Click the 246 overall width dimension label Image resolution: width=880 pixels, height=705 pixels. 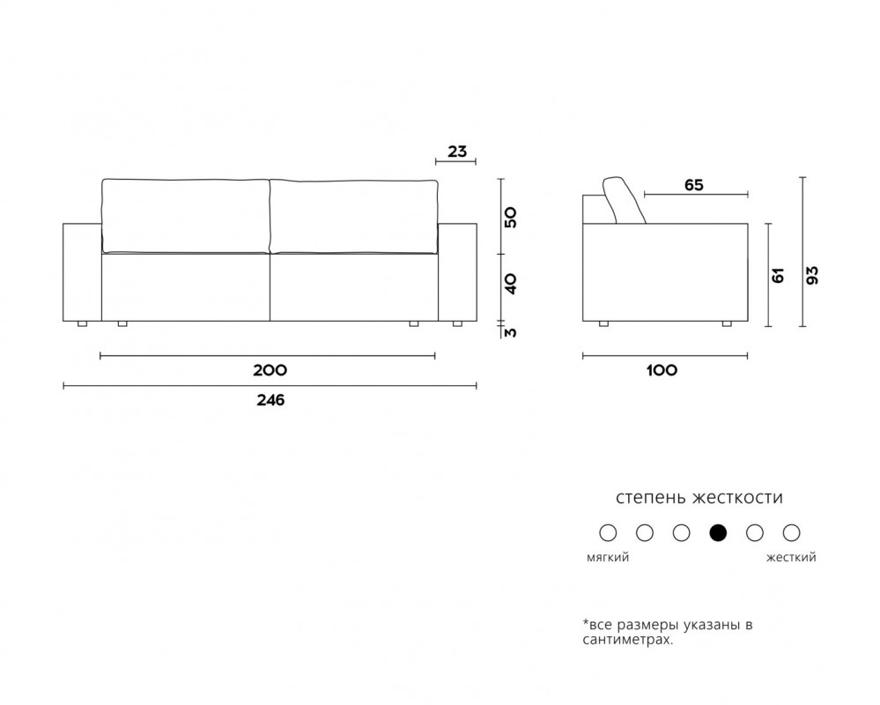pyautogui.click(x=270, y=400)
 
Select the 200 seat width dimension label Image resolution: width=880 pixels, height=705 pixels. pyautogui.click(x=270, y=370)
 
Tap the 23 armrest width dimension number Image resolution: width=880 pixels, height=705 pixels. pyautogui.click(x=457, y=152)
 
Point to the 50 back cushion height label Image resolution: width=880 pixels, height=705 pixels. pyautogui.click(x=511, y=217)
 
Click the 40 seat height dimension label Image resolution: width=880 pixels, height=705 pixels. pyautogui.click(x=511, y=284)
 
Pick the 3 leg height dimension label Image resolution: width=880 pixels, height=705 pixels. pyautogui.click(x=511, y=332)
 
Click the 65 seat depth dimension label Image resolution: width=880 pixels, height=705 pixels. pyautogui.click(x=693, y=185)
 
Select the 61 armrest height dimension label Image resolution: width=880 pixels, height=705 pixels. pyautogui.click(x=779, y=275)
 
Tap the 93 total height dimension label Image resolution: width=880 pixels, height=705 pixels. pyautogui.click(x=812, y=274)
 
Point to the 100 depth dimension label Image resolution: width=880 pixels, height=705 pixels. pyautogui.click(x=662, y=370)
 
